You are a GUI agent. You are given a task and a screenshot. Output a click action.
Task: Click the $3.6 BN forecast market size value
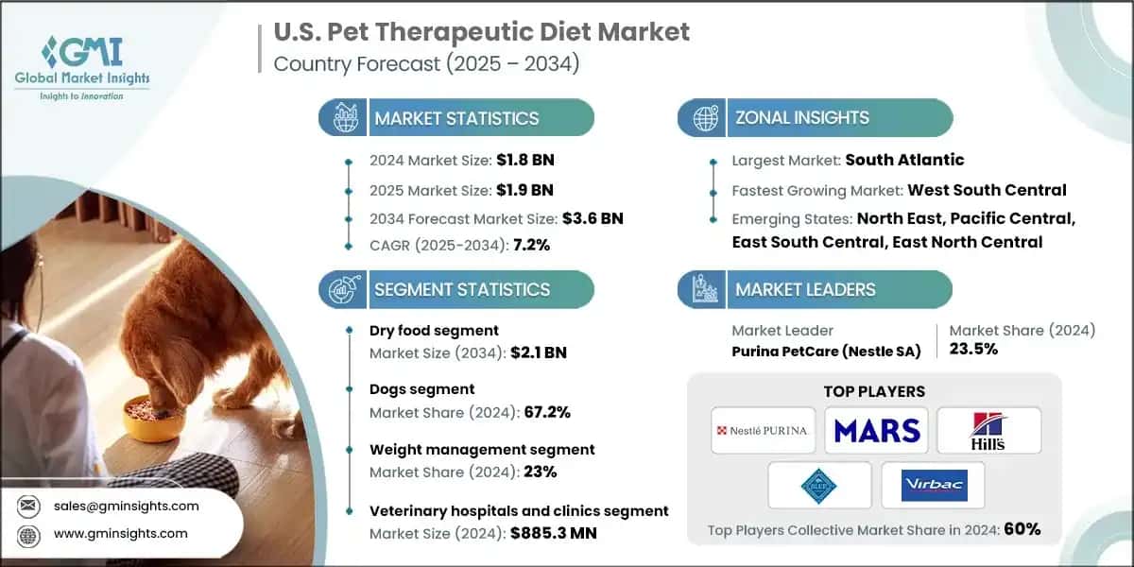coord(592,218)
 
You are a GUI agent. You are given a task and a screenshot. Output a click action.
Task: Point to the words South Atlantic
coord(904,161)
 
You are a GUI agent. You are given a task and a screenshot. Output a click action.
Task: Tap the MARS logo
coord(876,430)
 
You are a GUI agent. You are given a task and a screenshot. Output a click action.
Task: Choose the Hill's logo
coord(988,430)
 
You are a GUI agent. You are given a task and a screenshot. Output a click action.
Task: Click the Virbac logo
coord(932,485)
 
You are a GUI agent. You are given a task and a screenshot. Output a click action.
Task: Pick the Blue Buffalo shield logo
coord(818,485)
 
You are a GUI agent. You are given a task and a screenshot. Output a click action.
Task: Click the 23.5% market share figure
coord(972,349)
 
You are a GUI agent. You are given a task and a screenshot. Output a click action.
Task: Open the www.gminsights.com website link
coord(121,533)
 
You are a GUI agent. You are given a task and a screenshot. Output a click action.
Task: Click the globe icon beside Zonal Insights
coord(704,118)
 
